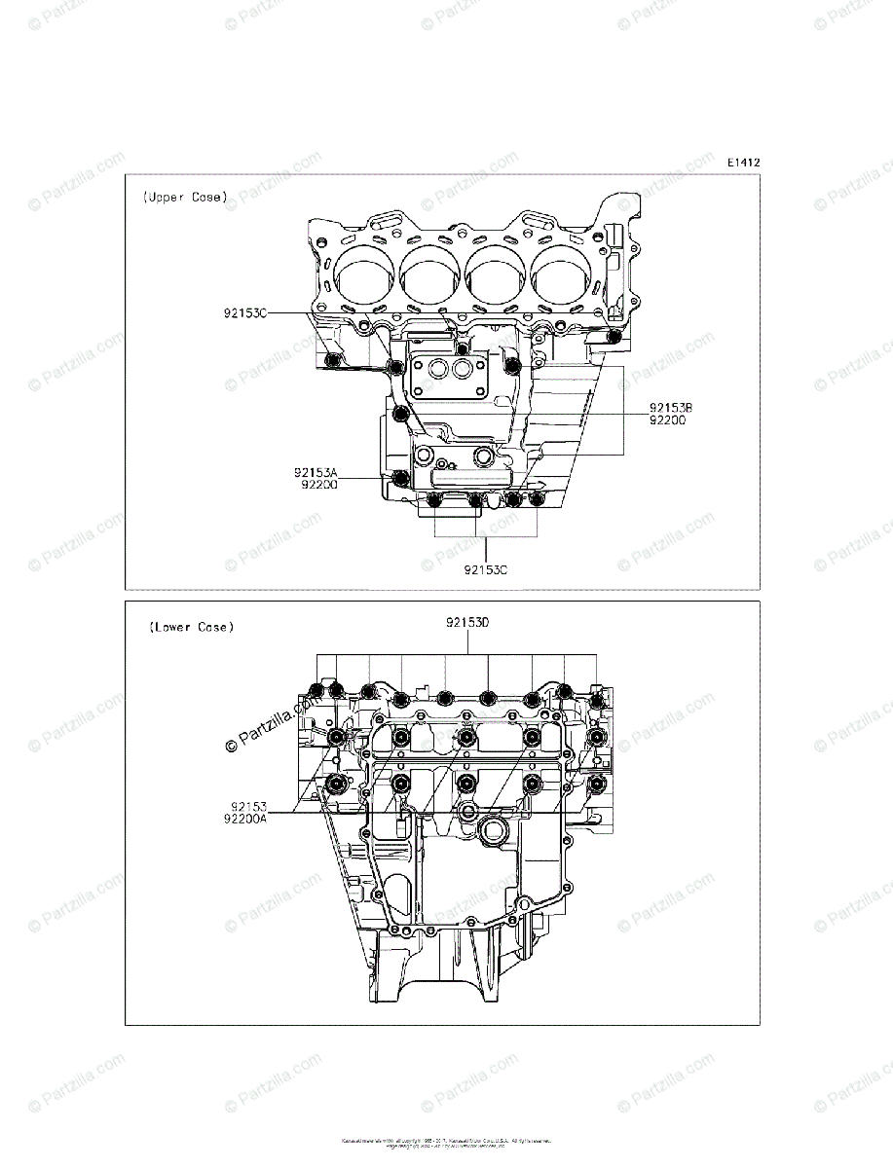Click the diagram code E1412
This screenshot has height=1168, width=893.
pyautogui.click(x=742, y=163)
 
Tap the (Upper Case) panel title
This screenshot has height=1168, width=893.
pyautogui.click(x=185, y=197)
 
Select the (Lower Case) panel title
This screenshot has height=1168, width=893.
pyautogui.click(x=191, y=627)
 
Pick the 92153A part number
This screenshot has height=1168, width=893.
pyautogui.click(x=316, y=471)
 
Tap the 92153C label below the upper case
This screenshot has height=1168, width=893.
pyautogui.click(x=485, y=569)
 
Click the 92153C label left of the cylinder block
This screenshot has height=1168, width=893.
pyautogui.click(x=245, y=312)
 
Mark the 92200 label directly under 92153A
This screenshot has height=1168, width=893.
pyautogui.click(x=319, y=484)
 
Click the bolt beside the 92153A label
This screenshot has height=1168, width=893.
pyautogui.click(x=400, y=477)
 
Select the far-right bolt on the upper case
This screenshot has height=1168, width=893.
pyautogui.click(x=614, y=337)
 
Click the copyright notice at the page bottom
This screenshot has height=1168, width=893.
pyautogui.click(x=446, y=1142)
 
